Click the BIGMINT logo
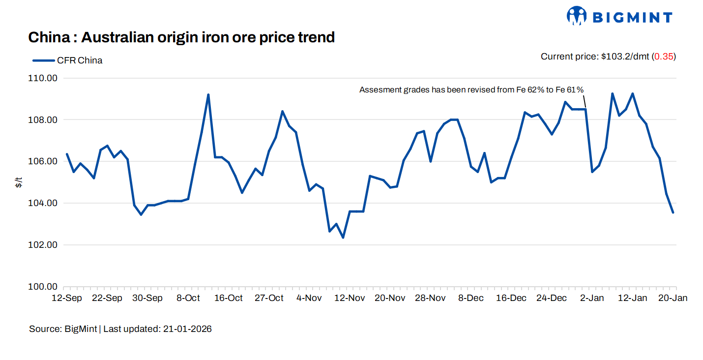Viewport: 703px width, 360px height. tap(619, 16)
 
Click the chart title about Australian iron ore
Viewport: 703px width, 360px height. tap(181, 37)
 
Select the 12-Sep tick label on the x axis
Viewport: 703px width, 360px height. tap(67, 298)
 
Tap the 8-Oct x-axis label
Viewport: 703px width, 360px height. tap(188, 298)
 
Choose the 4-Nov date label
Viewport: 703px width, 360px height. tap(309, 298)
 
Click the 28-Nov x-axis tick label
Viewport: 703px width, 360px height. tap(430, 298)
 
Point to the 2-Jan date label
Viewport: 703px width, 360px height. tap(592, 298)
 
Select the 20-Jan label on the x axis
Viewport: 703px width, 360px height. tap(673, 298)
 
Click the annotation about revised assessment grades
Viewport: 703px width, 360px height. tap(471, 90)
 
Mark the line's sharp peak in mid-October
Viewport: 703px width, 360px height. tap(208, 94)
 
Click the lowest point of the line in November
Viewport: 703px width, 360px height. tap(343, 238)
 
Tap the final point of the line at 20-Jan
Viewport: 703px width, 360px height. tap(673, 212)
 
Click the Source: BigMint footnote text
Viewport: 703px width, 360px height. tap(63, 329)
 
